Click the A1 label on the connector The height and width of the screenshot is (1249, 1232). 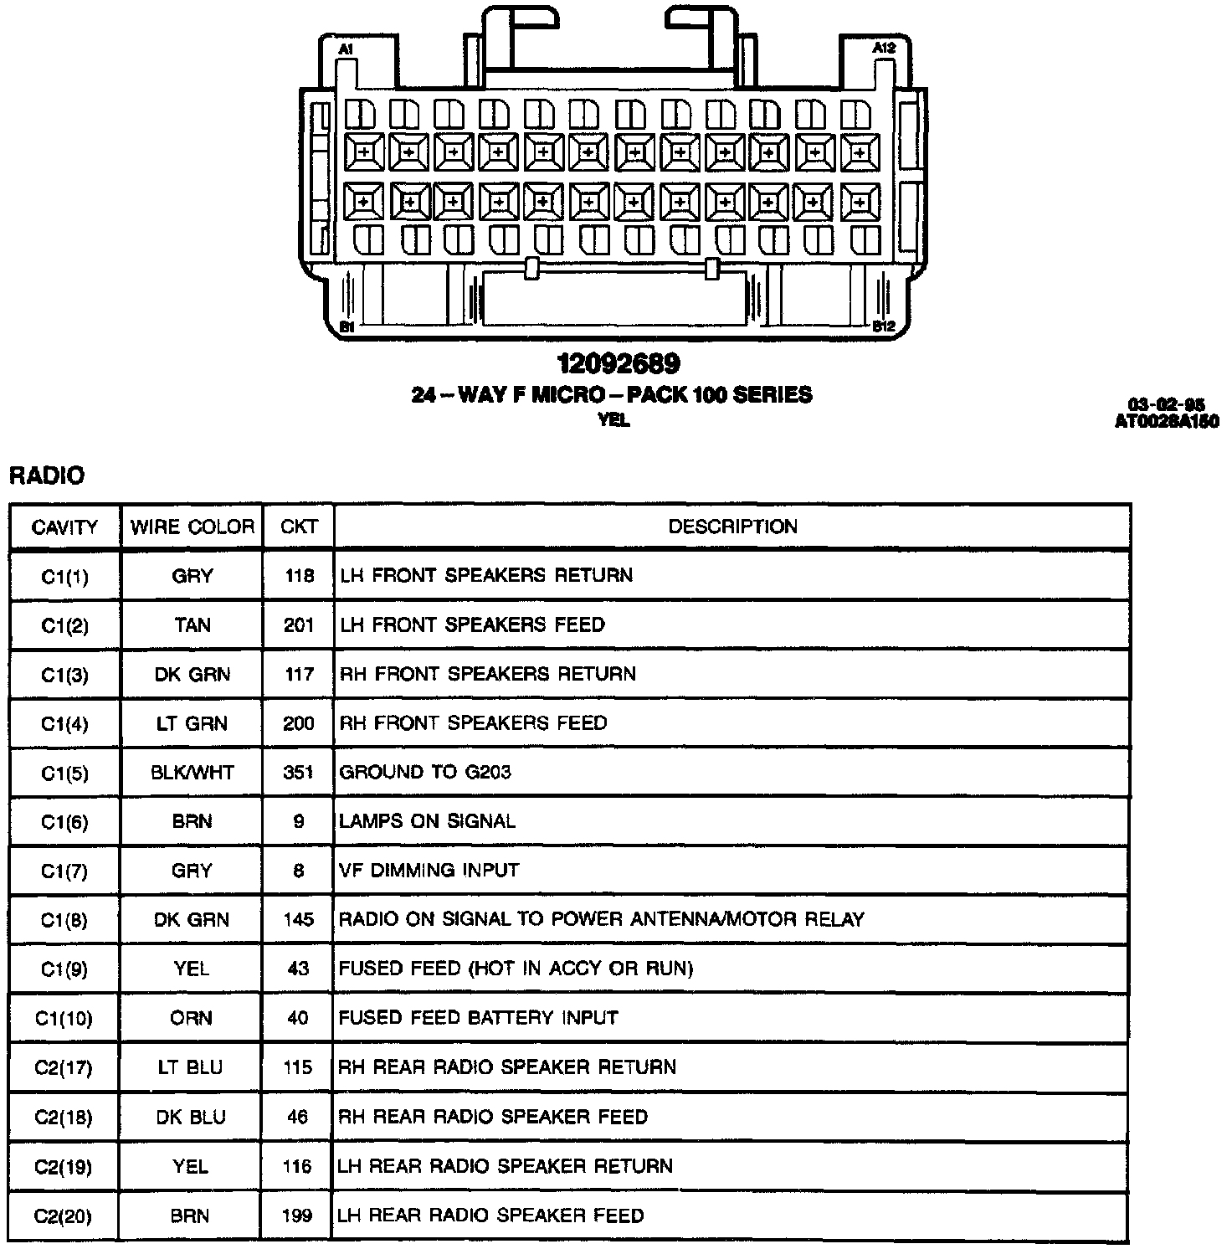coord(346,50)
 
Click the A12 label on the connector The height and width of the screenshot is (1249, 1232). coord(884,49)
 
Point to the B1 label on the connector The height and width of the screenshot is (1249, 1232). coord(346,327)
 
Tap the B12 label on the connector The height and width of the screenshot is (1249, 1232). coord(884,326)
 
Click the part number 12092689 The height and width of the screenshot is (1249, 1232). coord(619,363)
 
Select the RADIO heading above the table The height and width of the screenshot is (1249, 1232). coord(47,476)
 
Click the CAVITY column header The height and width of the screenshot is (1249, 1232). coord(64,527)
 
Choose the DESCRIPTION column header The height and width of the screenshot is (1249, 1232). coord(732,527)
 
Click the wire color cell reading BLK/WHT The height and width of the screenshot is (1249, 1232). coord(192,773)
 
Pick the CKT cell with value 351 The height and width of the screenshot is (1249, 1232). coord(298,773)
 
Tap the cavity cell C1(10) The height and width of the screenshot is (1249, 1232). coord(64,1019)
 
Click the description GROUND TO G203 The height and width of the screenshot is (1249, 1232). coord(425,772)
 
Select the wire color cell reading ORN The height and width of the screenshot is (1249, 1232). coord(192,1019)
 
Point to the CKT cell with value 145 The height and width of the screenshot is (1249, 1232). coord(298,920)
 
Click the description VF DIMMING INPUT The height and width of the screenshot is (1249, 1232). coord(429,871)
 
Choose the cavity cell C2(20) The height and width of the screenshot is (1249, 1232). coord(64,1216)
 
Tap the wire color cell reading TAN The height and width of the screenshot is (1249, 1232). coord(192,625)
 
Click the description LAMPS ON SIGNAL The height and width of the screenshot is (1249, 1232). coord(427,821)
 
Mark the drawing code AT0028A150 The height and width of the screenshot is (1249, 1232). coord(1166,422)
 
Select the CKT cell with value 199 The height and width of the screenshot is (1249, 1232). coord(297,1216)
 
